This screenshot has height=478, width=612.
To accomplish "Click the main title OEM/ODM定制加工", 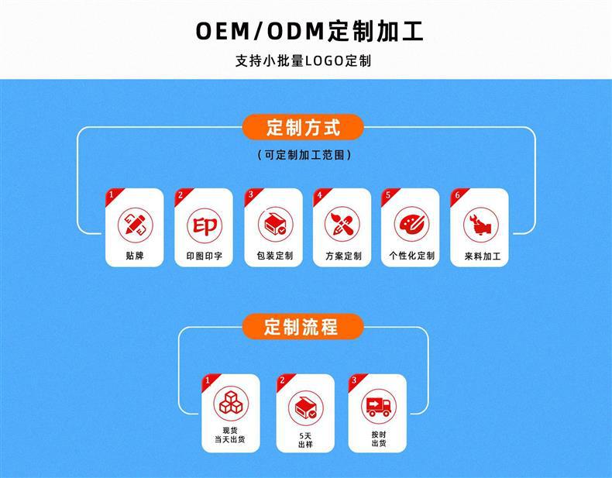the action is pos(309,31).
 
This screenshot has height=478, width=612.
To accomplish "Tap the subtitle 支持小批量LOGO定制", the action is pos(303,61).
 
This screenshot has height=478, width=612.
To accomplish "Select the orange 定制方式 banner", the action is pos(303,127).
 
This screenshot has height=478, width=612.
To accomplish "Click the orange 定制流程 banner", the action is pos(303,327).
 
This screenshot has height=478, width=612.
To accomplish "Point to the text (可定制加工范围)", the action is pos(304,155).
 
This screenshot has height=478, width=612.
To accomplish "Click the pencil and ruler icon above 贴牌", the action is pos(136,225).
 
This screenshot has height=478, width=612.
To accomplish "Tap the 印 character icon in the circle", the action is pos(205,225).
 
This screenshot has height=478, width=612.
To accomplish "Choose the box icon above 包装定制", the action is pos(276,225).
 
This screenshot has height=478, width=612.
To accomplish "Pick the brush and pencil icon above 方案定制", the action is pos(342,225).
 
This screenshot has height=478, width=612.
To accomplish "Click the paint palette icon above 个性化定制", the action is pos(411,225).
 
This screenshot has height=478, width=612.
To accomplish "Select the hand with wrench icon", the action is pos(481,225).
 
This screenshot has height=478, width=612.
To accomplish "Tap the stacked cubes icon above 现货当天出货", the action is pos(231,404).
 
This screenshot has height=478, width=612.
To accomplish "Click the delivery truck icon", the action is pos(378,406).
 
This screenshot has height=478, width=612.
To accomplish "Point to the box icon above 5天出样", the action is pos(305,408).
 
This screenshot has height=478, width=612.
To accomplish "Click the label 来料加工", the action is pos(483,256).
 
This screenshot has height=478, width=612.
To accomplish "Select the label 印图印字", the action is pos(205,256).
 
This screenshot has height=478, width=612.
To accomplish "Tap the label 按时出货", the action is pos(379,439).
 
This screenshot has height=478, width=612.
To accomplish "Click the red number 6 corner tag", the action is pos(457,194).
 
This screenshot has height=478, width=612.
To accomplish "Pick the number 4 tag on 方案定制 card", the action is pos(320,194).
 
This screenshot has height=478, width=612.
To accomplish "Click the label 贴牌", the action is pos(135,256).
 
